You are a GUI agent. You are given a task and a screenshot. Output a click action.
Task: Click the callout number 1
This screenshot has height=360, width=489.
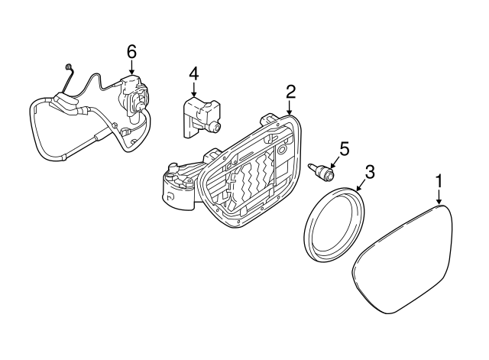pyautogui.click(x=439, y=181)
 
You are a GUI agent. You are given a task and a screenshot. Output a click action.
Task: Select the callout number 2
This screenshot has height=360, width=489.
pyautogui.click(x=290, y=92)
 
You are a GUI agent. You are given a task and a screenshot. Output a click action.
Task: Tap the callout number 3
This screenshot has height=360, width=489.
pyautogui.click(x=370, y=173)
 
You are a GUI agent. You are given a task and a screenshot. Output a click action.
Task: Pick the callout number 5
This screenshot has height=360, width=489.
pyautogui.click(x=345, y=148)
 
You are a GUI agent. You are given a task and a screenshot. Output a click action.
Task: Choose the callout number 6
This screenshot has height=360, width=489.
pyautogui.click(x=131, y=51)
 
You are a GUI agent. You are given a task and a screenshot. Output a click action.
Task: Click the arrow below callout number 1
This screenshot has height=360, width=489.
pyautogui.click(x=439, y=197)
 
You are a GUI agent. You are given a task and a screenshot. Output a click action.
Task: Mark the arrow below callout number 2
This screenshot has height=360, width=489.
pyautogui.click(x=290, y=108)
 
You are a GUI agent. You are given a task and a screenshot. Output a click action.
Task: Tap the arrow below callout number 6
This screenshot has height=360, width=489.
pyautogui.click(x=131, y=66)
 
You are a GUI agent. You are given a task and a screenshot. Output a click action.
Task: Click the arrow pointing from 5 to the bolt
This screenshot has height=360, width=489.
pyautogui.click(x=335, y=162)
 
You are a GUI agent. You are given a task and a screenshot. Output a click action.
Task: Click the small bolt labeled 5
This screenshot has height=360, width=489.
pyautogui.click(x=321, y=172)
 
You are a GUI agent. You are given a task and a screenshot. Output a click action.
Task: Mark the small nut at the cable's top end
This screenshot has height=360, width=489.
pyautogui.click(x=68, y=66)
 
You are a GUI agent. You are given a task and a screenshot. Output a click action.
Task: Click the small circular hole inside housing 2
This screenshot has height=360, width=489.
pyautogui.click(x=282, y=150)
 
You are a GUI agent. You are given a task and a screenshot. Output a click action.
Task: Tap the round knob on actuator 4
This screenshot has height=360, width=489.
pyautogui.click(x=215, y=126)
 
